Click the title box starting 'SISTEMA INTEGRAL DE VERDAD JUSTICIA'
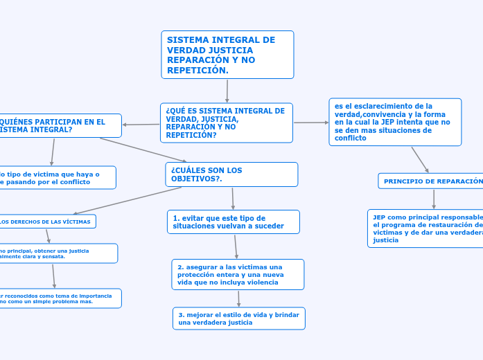pyautogui.click(x=227, y=55)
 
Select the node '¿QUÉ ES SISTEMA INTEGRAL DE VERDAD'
pyautogui.click(x=226, y=123)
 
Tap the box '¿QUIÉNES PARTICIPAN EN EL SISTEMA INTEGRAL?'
pyautogui.click(x=60, y=125)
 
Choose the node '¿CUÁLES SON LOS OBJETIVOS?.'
pyautogui.click(x=231, y=174)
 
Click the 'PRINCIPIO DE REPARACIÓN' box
pyautogui.click(x=431, y=181)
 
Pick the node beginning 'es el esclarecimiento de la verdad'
pyautogui.click(x=395, y=122)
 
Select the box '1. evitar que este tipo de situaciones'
pyautogui.click(x=234, y=222)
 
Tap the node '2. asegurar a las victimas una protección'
pyautogui.click(x=238, y=274)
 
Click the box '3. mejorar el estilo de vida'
pyautogui.click(x=238, y=318)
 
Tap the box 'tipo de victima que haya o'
pyautogui.click(x=56, y=177)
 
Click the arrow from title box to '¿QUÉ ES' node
pyautogui.click(x=227, y=91)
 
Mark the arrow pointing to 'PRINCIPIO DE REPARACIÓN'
pyautogui.click(x=420, y=159)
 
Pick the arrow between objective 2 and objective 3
pyautogui.click(x=238, y=298)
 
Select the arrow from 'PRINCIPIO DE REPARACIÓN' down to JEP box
pyautogui.click(x=434, y=199)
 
